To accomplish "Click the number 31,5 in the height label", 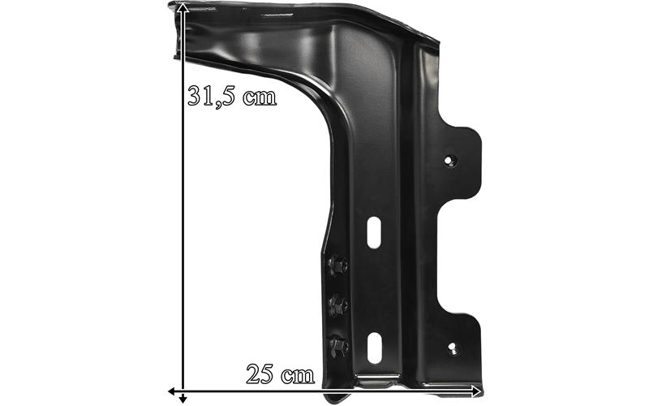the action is [x=212, y=97].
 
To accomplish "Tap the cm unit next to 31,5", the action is [x=260, y=97].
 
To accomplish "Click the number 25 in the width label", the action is [x=260, y=374].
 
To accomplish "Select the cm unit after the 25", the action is [x=298, y=376].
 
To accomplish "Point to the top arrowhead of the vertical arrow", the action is [x=183, y=7].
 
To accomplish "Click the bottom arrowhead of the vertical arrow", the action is [x=183, y=399].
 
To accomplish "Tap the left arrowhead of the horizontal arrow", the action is [x=173, y=391].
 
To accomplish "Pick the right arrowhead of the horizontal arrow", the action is [x=476, y=391].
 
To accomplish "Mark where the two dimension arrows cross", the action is [x=183, y=391].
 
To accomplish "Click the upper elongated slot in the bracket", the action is [x=374, y=232].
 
